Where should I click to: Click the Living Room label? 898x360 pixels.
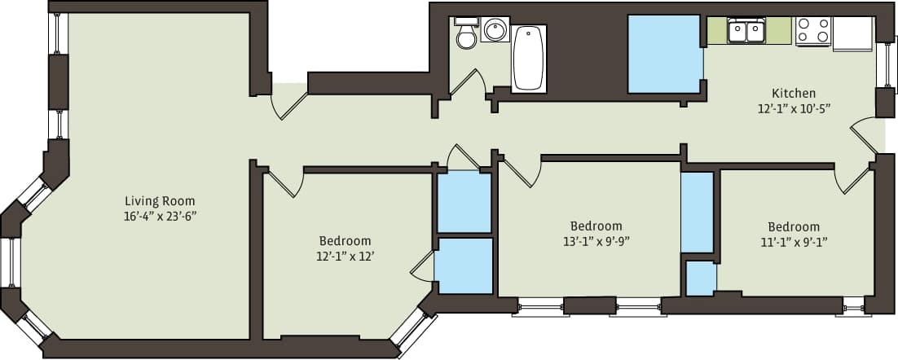pos(160,201)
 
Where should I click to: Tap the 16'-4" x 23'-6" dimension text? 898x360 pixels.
pos(160,216)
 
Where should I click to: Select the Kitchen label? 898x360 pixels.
pos(794,93)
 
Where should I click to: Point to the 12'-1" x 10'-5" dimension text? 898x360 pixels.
pos(794,108)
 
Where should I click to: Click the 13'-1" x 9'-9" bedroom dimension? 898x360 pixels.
pos(596,240)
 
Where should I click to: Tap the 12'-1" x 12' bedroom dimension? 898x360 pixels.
pos(345,256)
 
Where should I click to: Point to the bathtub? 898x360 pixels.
pos(529,58)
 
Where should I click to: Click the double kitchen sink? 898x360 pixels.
pos(746,31)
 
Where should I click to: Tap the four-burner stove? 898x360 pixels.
pos(812,31)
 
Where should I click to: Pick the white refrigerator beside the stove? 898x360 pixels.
pos(852,32)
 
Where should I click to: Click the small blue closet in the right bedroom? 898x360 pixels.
pos(700,279)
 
